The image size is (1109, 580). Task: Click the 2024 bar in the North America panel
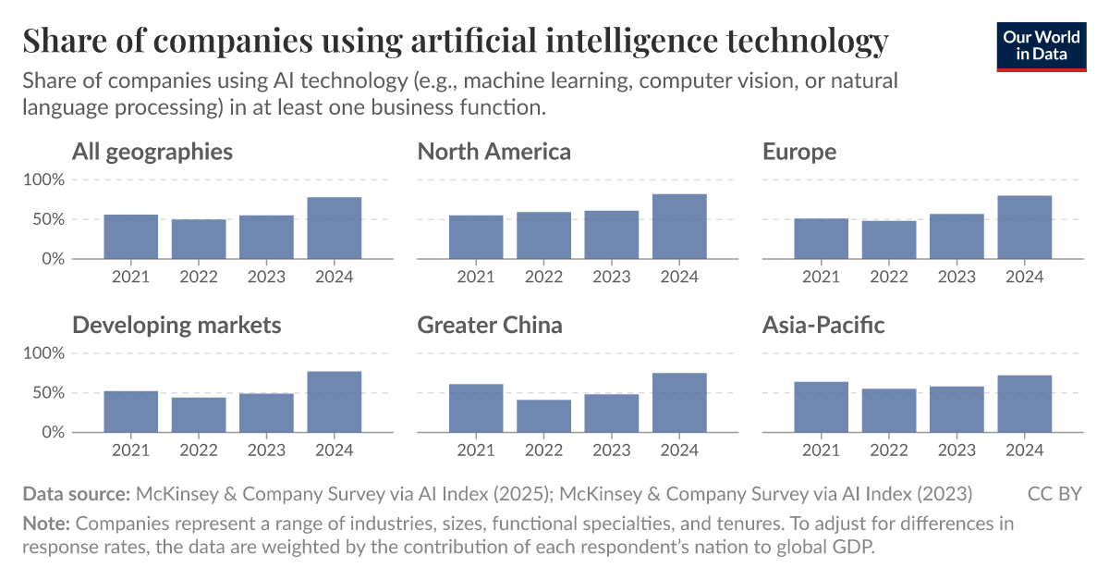[x=679, y=227]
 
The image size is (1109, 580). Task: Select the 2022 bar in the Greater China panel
[x=543, y=416]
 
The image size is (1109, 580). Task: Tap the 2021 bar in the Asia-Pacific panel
[x=821, y=407]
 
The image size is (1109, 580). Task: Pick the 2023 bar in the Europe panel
[x=957, y=237]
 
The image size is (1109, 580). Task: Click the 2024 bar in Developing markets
[x=335, y=401]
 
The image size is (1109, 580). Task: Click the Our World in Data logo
[x=1041, y=44]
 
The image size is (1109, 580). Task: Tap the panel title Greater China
[x=490, y=325]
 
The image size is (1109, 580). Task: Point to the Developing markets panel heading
[x=177, y=325]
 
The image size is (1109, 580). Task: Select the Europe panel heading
[x=799, y=151]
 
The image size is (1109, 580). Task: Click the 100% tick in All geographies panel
[x=43, y=179]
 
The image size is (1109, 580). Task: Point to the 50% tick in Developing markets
[x=47, y=393]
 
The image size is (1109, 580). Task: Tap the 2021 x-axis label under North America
[x=475, y=276]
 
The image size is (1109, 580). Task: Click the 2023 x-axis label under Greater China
[x=611, y=450]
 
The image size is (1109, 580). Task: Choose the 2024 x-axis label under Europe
[x=1024, y=276]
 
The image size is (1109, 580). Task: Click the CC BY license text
[x=1054, y=494]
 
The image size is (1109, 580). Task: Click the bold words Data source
[x=76, y=494]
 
